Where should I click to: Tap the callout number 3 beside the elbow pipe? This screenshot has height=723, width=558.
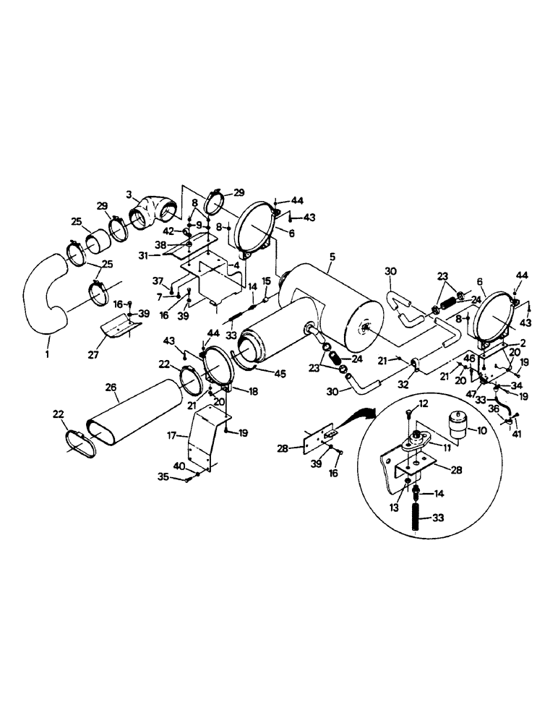(129, 195)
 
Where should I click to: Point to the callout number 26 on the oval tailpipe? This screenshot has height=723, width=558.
(111, 387)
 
